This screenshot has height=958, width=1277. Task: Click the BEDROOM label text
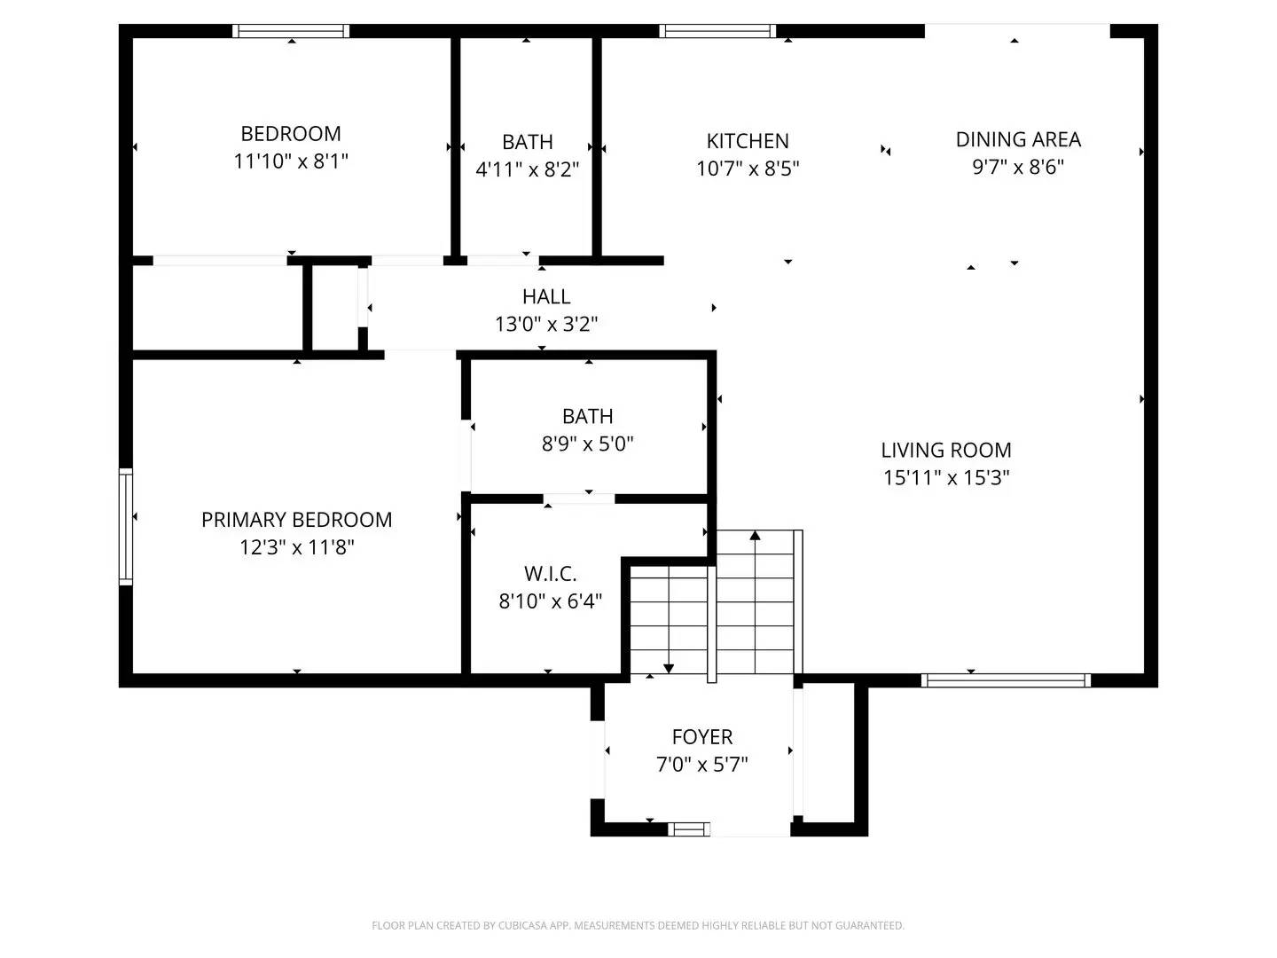click(291, 134)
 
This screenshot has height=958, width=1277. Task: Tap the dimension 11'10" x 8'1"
click(291, 161)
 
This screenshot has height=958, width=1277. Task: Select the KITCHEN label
click(748, 141)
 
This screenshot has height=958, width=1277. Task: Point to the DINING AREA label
click(1018, 139)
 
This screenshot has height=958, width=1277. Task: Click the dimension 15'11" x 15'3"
click(946, 477)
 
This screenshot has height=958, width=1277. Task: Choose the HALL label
click(546, 296)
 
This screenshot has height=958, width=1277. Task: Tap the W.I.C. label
click(550, 574)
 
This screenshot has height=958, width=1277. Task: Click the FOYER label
click(701, 737)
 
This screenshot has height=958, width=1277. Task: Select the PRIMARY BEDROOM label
click(296, 520)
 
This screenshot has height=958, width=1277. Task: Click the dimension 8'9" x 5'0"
click(587, 444)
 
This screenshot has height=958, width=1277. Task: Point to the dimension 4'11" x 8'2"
click(527, 169)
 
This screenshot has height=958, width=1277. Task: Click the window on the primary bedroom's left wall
click(126, 527)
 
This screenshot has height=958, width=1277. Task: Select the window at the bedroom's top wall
click(291, 31)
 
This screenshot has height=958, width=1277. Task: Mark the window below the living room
click(1006, 680)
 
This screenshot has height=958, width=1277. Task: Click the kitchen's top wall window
click(717, 31)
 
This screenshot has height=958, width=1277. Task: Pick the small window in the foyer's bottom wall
click(689, 829)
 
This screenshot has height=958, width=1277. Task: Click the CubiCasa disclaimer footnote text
click(638, 925)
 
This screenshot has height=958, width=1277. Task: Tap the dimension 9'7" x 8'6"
click(1018, 167)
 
